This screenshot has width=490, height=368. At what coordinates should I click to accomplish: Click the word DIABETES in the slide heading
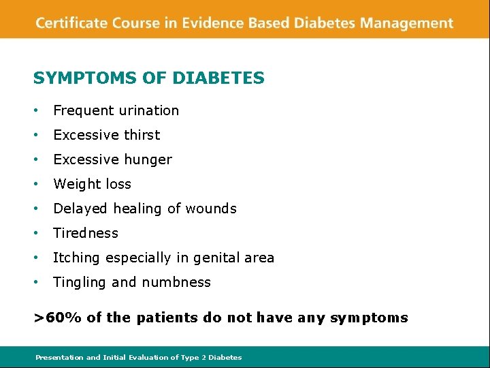[x=218, y=78]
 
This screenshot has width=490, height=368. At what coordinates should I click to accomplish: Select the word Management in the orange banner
[x=406, y=23]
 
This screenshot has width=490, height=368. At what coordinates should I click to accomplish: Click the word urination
[x=148, y=110]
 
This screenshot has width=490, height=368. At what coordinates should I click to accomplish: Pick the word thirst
[x=140, y=135]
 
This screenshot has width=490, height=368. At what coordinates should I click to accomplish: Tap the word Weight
[x=74, y=184]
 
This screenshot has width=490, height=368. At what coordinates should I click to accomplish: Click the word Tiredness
[x=86, y=233]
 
